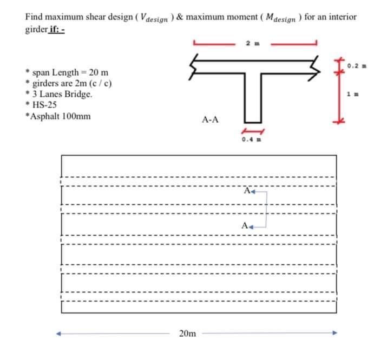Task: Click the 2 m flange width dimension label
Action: [x=250, y=42]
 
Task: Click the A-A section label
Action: [x=209, y=119]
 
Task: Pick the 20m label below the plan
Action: [x=187, y=334]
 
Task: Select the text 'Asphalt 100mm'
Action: [x=60, y=116]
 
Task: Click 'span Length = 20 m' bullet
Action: [x=70, y=72]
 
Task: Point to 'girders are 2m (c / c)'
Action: [x=72, y=83]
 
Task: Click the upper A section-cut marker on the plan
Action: [x=247, y=190]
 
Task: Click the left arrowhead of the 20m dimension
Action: [x=62, y=333]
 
